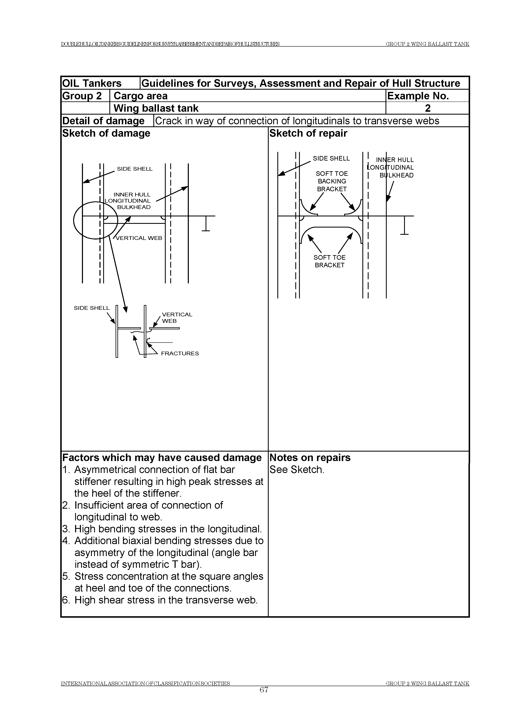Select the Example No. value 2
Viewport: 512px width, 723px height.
pyautogui.click(x=428, y=108)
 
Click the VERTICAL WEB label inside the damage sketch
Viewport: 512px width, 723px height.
pyautogui.click(x=139, y=238)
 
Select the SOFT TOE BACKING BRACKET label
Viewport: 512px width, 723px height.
pyautogui.click(x=332, y=181)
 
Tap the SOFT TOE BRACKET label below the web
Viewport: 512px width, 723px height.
pyautogui.click(x=329, y=261)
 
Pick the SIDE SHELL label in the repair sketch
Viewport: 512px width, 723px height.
pyautogui.click(x=331, y=158)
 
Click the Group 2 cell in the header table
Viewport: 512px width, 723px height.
pyautogui.click(x=82, y=96)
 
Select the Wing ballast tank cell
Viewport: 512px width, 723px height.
pyautogui.click(x=156, y=108)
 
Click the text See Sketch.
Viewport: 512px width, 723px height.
pyautogui.click(x=297, y=470)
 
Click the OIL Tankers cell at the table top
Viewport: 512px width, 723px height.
pyautogui.click(x=92, y=83)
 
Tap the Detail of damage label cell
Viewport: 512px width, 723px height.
pyautogui.click(x=103, y=121)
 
